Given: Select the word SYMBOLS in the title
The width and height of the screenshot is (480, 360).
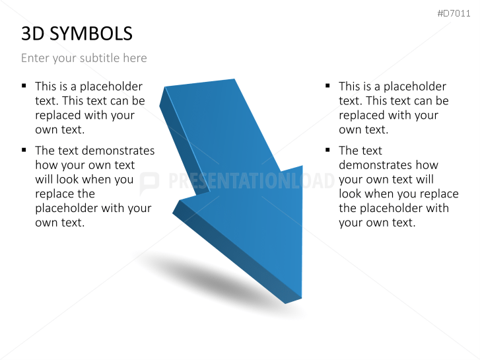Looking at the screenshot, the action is point(91,33).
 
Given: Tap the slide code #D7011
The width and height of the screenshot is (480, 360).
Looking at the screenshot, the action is point(454,13).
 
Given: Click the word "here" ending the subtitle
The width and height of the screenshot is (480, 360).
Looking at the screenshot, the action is point(135,58).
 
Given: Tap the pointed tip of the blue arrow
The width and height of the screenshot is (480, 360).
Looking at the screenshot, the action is point(294,301).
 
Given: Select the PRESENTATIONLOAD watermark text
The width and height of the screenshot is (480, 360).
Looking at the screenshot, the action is point(251,181).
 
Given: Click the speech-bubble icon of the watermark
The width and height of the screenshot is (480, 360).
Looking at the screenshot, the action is point(149,182).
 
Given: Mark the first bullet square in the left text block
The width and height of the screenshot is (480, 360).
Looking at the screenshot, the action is point(24,86).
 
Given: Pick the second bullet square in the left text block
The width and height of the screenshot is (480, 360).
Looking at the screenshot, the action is point(24,150).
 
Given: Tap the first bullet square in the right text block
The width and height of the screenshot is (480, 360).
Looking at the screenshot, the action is point(327,86).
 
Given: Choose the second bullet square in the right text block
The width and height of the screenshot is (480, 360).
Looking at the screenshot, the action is point(327,150).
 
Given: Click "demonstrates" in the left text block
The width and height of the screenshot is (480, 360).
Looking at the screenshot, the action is point(119,151).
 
